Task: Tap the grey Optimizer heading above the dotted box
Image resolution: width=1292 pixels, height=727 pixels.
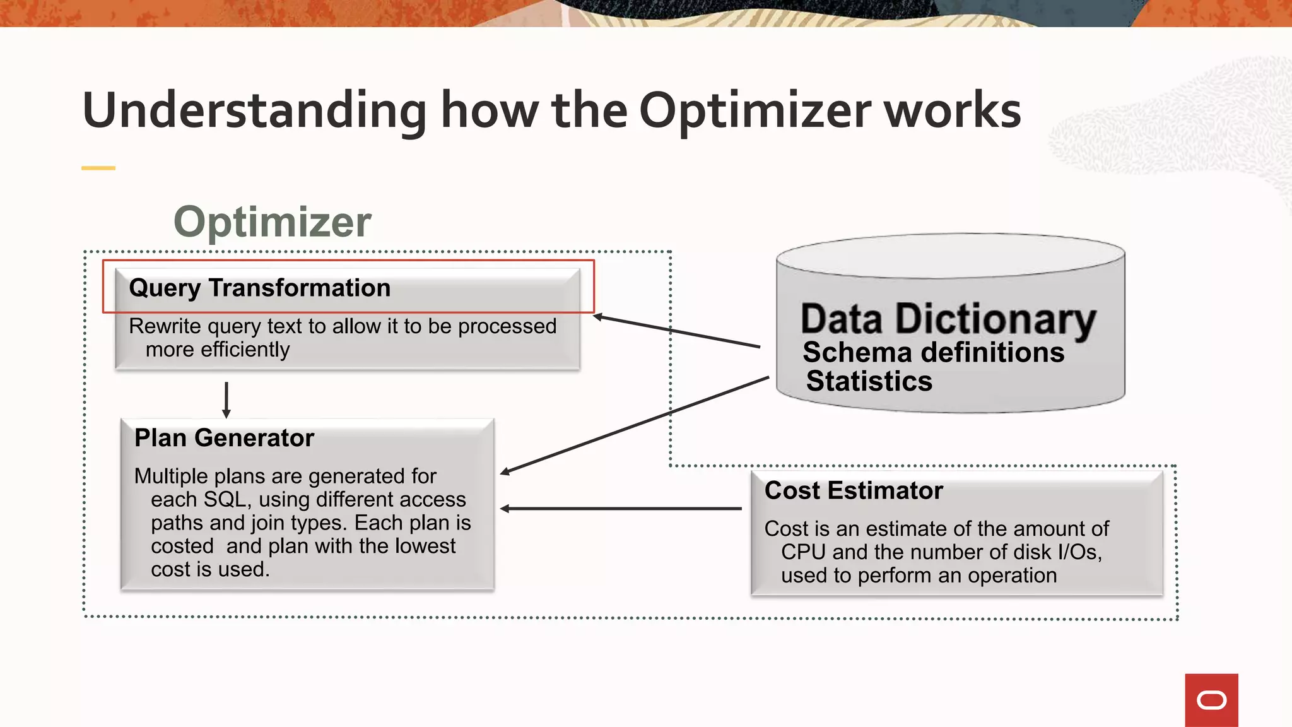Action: tap(272, 222)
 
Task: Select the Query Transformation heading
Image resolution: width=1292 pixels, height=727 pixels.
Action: tap(259, 288)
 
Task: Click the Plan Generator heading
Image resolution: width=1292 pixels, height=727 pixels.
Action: tap(224, 438)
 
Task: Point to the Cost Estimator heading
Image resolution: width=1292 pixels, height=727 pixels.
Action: tap(853, 490)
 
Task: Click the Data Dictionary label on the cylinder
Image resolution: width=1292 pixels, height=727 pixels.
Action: tap(948, 319)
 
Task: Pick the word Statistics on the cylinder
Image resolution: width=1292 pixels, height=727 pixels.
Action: tap(869, 381)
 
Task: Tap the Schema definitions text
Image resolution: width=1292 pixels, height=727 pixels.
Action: tap(933, 352)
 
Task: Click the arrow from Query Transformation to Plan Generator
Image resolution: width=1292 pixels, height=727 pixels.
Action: tap(226, 399)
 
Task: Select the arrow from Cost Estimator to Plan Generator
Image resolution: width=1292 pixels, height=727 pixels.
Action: tap(621, 508)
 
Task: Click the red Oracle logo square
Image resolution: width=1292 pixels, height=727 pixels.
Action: tap(1211, 700)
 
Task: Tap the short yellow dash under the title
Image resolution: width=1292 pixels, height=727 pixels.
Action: tap(98, 168)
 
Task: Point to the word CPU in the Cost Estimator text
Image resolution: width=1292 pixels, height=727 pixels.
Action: tap(803, 552)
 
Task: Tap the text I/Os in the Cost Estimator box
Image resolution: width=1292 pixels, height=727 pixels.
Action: tap(1079, 552)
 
